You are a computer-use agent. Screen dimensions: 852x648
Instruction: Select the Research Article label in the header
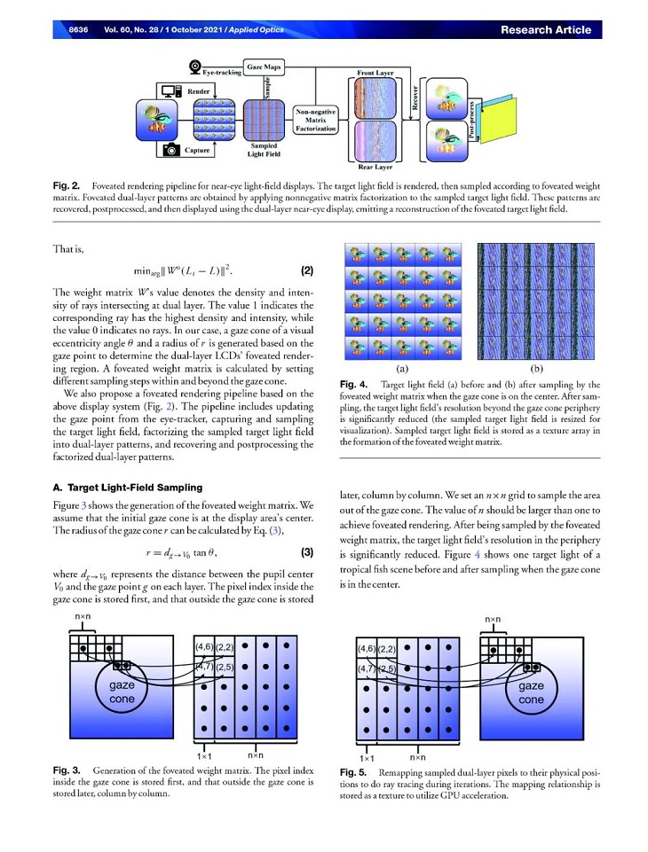545,29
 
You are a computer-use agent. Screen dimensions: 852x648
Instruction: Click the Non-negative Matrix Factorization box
316,120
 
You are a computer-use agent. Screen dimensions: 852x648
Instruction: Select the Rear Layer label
376,166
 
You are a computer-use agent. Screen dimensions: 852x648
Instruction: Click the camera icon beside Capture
170,151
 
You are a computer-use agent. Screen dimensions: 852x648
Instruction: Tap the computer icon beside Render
170,91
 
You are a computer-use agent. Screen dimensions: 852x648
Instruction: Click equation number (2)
302,269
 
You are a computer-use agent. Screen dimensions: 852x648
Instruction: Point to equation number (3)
307,553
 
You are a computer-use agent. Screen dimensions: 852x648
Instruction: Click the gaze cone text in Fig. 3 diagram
122,692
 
